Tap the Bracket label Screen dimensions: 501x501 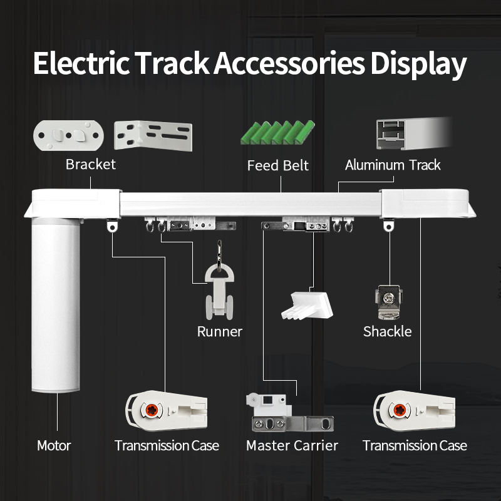(x=91, y=165)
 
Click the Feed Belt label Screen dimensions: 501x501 (x=278, y=166)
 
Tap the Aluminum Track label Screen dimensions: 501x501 (x=393, y=165)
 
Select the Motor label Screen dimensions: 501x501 (x=54, y=446)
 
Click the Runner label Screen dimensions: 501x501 (x=219, y=332)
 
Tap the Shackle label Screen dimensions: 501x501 (x=387, y=332)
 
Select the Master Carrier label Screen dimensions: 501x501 (x=292, y=446)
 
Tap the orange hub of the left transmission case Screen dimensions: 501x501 (x=151, y=411)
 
